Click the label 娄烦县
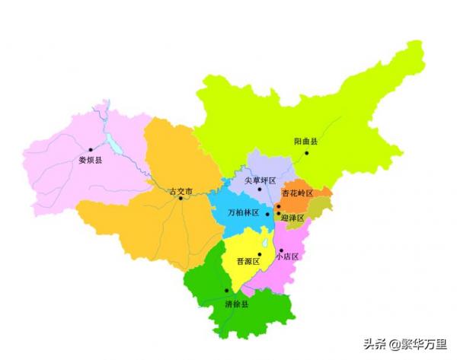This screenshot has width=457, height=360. tap(90, 161)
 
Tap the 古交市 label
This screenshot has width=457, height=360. tap(181, 190)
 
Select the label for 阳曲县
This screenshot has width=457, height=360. tap(306, 142)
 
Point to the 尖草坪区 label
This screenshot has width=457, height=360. tap(260, 180)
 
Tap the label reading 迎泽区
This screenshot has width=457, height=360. tap(292, 218)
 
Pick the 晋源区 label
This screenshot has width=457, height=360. tap(248, 261)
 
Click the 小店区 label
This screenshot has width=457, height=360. tap(288, 256)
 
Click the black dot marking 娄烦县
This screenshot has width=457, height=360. tap(90, 150)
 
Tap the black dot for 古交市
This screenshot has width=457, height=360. tap(181, 199)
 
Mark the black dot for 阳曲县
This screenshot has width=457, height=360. tap(307, 152)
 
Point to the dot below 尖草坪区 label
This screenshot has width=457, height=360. tap(260, 190)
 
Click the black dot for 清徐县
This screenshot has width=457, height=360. tap(226, 291)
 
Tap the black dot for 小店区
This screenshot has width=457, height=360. tap(280, 250)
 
